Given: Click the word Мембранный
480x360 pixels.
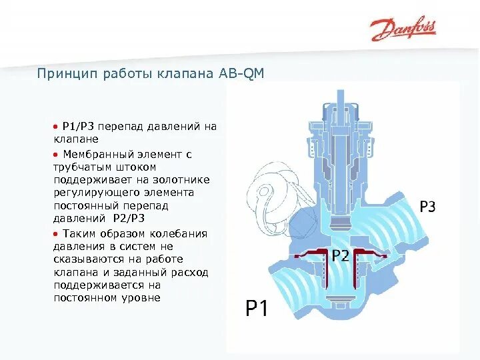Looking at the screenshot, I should (94, 154).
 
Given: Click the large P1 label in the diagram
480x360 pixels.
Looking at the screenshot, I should (257, 308).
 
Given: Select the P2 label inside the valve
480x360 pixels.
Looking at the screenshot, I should (340, 255).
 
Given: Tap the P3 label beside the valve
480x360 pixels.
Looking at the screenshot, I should (427, 207).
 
